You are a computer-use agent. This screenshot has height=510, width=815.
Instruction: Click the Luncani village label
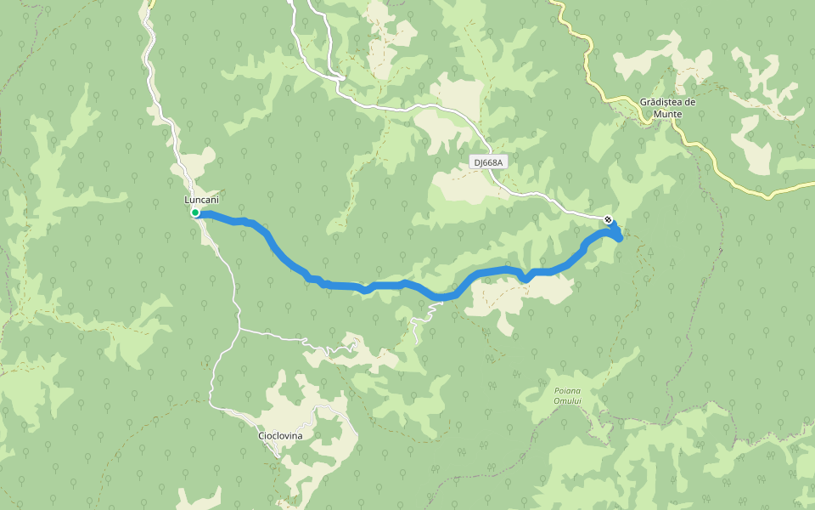(x=202, y=199)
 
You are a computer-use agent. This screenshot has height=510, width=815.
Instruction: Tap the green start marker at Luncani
(x=195, y=212)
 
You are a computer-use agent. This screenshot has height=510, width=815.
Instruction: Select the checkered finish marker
(x=609, y=220)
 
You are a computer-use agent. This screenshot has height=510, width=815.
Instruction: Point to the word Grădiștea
(x=661, y=102)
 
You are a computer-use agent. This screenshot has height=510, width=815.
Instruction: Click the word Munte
(x=668, y=113)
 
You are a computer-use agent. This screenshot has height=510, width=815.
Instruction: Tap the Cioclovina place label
(x=280, y=435)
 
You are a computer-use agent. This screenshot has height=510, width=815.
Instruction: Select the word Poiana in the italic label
(x=557, y=391)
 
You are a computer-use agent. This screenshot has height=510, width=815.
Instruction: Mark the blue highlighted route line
(x=340, y=285)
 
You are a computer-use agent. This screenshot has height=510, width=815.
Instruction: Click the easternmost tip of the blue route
(x=621, y=238)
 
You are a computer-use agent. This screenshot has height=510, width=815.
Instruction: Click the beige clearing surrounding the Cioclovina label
(x=293, y=408)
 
